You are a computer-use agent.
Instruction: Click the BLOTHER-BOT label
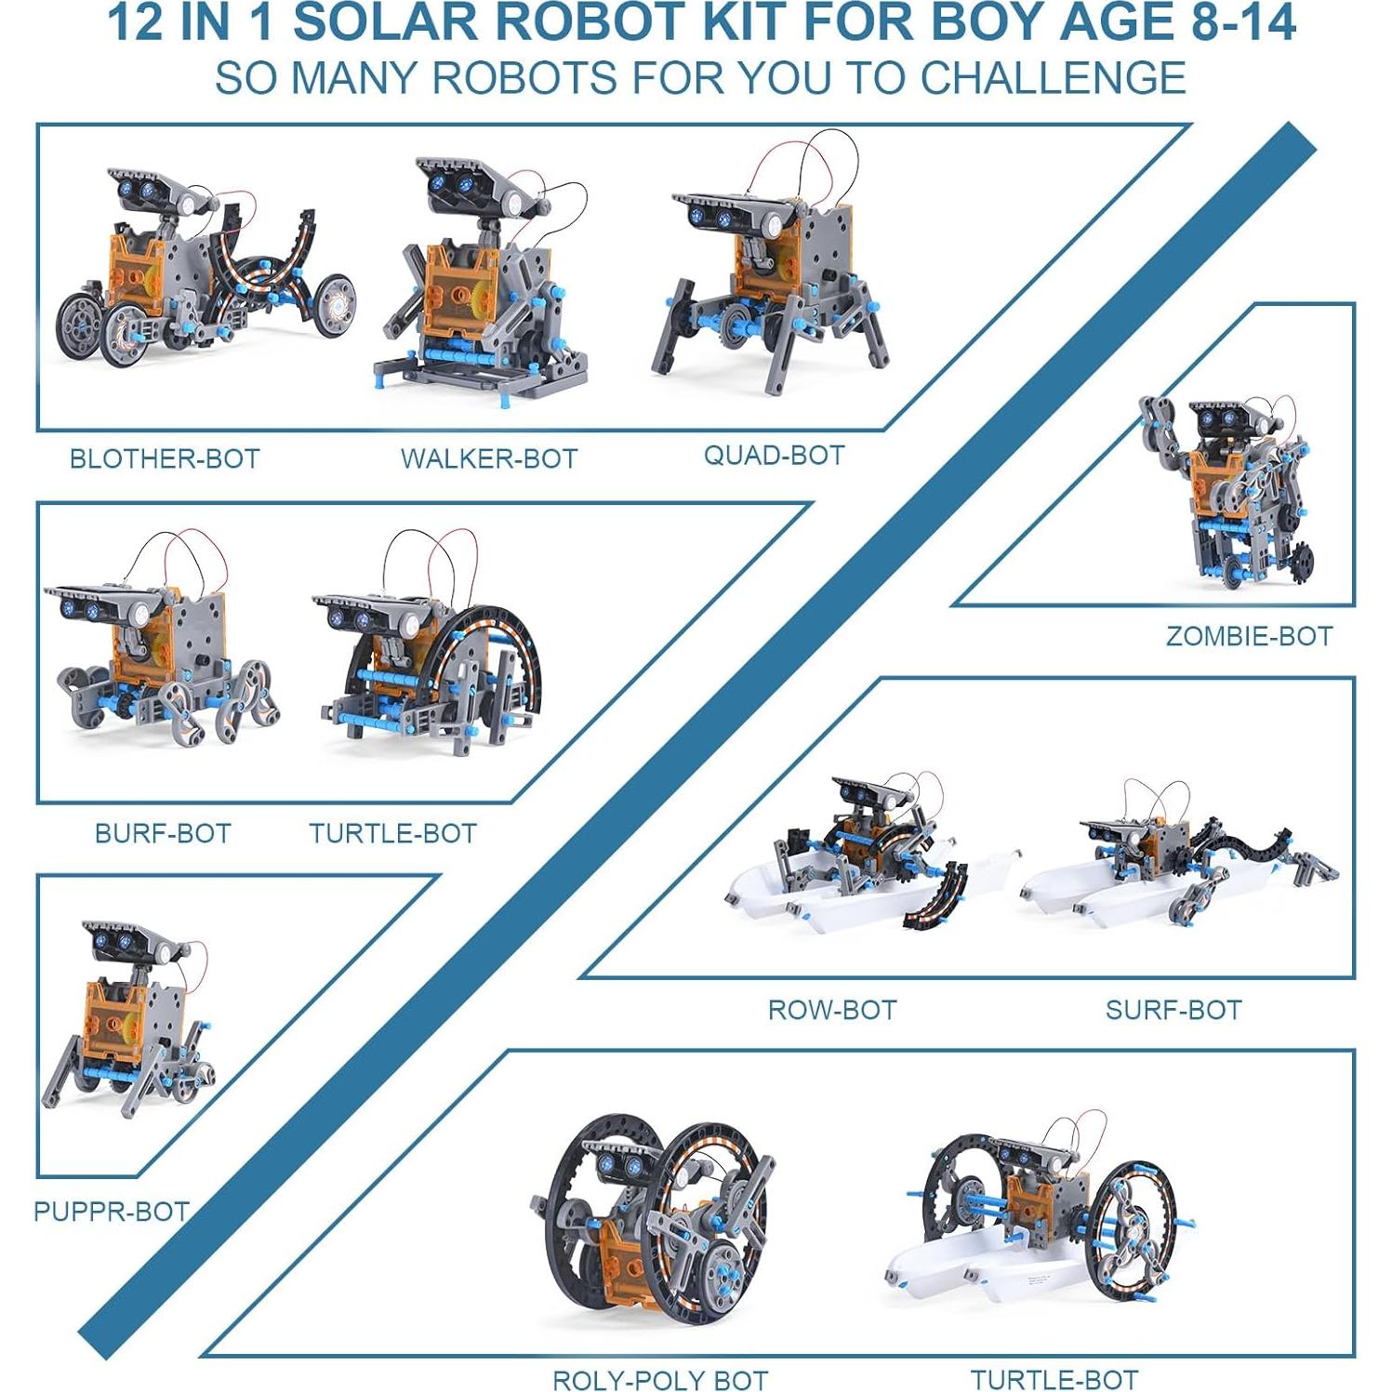point(165,458)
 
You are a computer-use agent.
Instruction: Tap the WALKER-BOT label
point(489,458)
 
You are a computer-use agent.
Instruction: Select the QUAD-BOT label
point(774,455)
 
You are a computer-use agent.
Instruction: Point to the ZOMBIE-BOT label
point(1249,636)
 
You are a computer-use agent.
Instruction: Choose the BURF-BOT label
point(163,833)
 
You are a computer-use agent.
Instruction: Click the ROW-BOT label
point(831,1010)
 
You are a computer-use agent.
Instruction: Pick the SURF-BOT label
point(1173,1010)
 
